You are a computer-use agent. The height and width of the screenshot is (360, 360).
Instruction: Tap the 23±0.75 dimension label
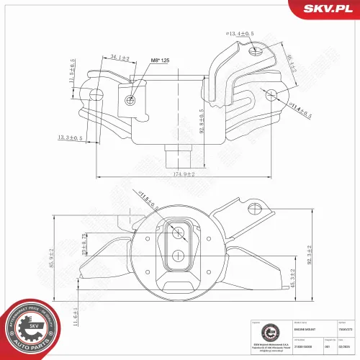pyautogui.click(x=84, y=245)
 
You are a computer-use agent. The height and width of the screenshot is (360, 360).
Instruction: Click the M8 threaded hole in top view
pyautogui.click(x=129, y=100)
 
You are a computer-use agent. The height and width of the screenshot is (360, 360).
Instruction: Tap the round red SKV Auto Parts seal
pyautogui.click(x=33, y=325)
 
